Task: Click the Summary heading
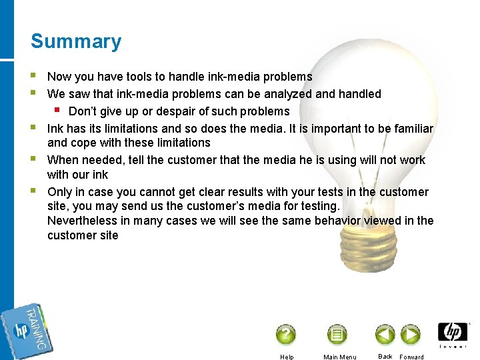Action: coord(76,41)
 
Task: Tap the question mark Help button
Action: coord(285,334)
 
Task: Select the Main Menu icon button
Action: coord(337,334)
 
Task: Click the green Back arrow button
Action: coord(385,334)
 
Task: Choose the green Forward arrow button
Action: coord(410,334)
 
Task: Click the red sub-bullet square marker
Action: coord(58,109)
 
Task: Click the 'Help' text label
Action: coord(287,357)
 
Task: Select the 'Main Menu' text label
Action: coord(339,357)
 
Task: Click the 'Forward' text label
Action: coord(411,357)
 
